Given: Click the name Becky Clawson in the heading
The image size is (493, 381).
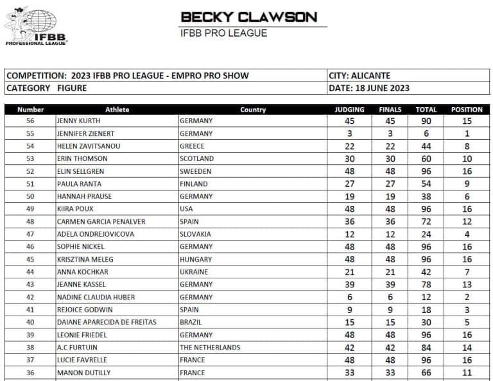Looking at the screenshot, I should coord(249,17).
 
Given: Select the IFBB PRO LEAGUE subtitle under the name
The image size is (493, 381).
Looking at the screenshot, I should coord(223,33).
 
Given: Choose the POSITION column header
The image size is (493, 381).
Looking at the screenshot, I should coord(467,110).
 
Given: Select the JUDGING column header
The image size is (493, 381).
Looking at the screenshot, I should coord(349,110).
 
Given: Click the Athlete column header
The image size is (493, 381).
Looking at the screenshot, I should coord(117,110).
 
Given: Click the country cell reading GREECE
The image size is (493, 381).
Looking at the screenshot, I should coord(195,146).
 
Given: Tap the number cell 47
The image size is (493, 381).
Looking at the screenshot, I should coord(30,234).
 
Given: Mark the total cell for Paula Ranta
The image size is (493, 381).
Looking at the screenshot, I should coord(426,183).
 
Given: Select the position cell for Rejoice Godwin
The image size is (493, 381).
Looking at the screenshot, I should coord(467,310).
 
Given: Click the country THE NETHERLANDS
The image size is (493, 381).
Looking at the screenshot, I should coord(210,347).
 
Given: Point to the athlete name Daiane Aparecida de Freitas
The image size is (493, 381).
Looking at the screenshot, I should coord(107,322).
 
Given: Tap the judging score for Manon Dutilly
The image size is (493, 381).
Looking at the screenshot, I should coord(349,373).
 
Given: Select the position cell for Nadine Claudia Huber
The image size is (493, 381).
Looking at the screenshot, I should coord(467,297).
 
